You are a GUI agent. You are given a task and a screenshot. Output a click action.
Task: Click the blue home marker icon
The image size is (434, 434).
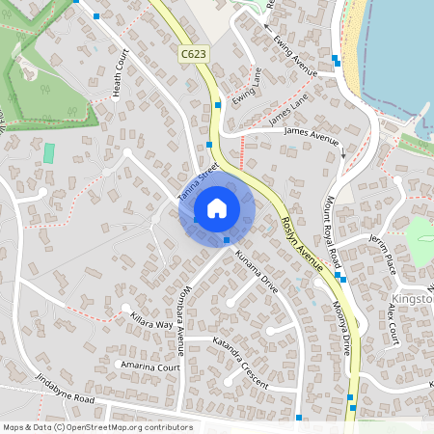point(217,207)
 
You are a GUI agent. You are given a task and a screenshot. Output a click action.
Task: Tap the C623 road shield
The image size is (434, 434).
point(192,56)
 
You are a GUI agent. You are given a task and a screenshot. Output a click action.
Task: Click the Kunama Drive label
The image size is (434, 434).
point(257,272)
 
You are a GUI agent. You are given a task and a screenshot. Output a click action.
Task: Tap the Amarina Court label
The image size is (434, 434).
point(149,366)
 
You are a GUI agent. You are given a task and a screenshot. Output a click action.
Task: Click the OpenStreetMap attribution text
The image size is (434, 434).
point(97,426)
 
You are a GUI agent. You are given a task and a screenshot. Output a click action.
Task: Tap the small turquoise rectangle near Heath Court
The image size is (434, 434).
point(48,152)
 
